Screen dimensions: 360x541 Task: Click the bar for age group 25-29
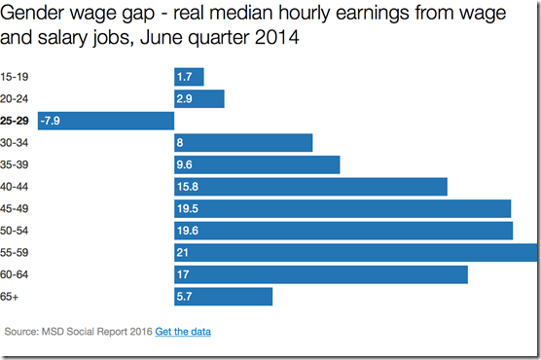pos(105,121)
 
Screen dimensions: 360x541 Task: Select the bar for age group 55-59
pos(355,252)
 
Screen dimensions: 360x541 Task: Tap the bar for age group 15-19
pos(189,77)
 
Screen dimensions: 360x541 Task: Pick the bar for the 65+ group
pos(223,296)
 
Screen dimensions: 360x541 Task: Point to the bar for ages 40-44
pos(309,187)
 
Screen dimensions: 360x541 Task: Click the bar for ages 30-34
pos(242,143)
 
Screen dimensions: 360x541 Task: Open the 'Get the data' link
pos(183,332)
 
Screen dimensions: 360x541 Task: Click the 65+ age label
pos(12,296)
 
